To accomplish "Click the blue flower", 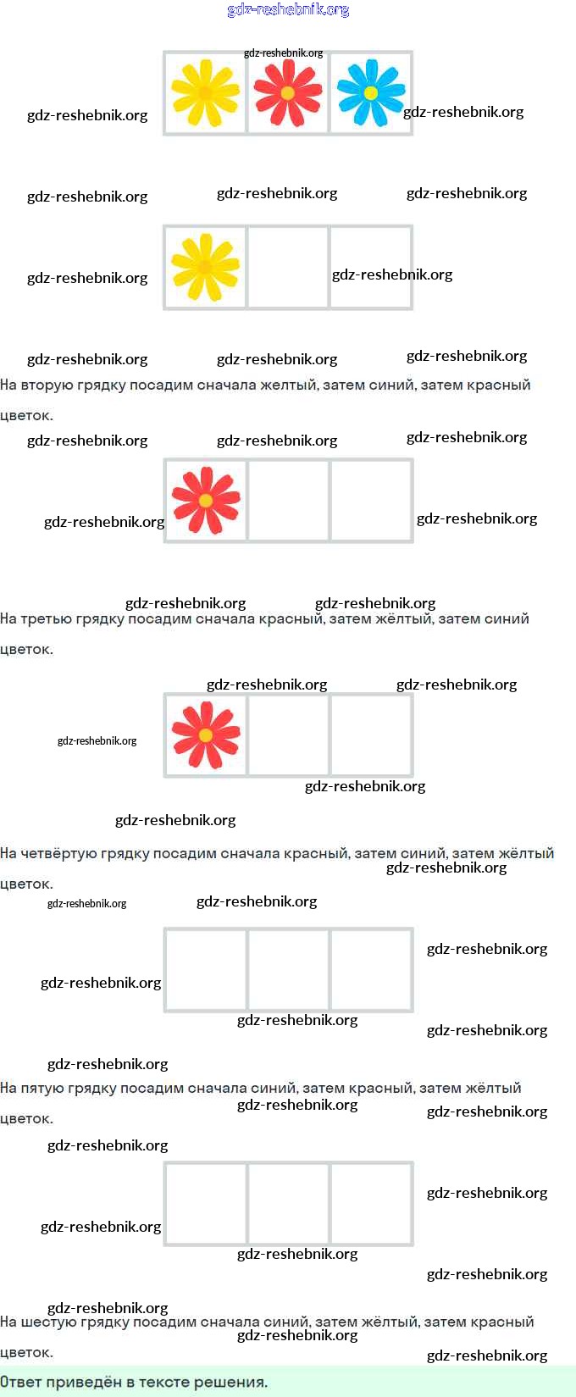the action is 371,92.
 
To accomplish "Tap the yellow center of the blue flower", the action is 371,93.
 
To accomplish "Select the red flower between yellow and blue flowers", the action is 287,92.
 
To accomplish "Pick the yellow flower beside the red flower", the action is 205,92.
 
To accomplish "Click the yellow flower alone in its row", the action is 205,267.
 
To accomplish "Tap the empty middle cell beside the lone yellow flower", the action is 288,268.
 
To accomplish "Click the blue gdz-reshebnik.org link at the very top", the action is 288,10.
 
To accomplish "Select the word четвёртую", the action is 85,853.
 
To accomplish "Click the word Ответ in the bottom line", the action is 20,1382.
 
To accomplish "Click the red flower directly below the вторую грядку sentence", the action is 206,500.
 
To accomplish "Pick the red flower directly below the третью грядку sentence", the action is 206,734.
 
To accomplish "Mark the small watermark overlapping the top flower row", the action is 283,53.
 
